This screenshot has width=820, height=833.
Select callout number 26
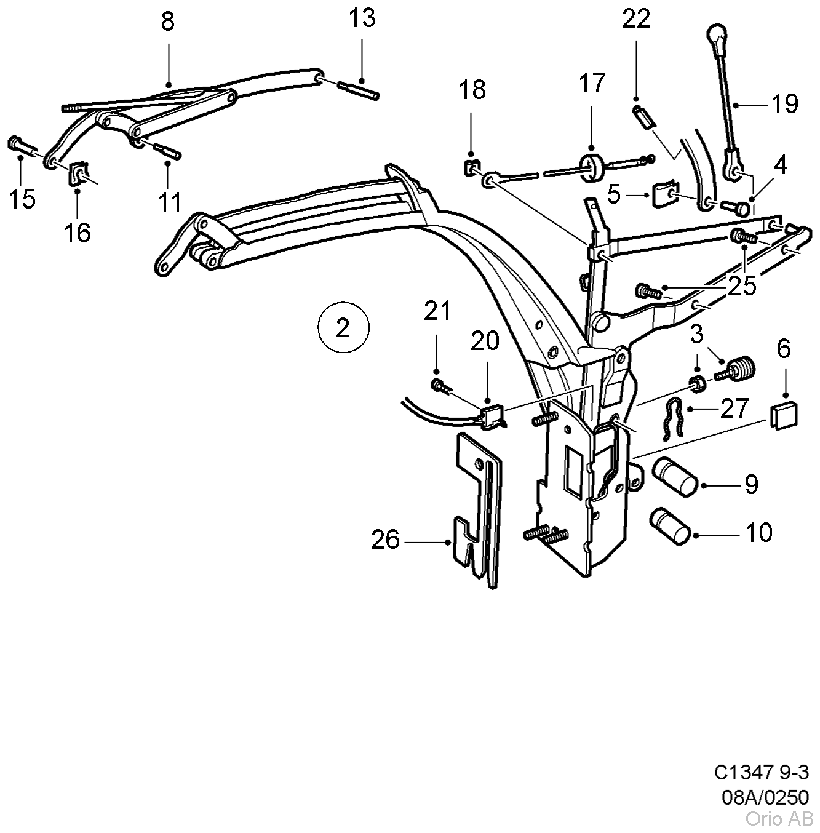pyautogui.click(x=386, y=540)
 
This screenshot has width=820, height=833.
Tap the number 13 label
pyautogui.click(x=362, y=18)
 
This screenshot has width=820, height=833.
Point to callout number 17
pyautogui.click(x=591, y=83)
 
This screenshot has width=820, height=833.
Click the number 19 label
pyautogui.click(x=784, y=104)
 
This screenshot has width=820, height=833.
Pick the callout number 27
pyautogui.click(x=734, y=409)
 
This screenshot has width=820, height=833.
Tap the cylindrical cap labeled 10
pyautogui.click(x=670, y=526)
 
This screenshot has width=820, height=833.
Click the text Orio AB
pyautogui.click(x=779, y=819)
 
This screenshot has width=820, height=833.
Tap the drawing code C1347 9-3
pyautogui.click(x=762, y=773)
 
